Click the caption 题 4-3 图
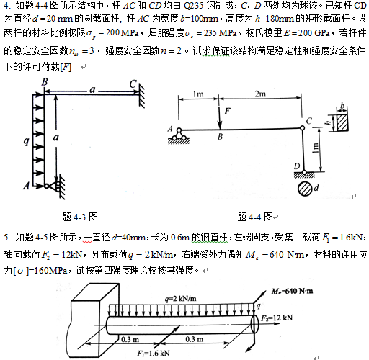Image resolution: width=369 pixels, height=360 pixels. tap(80, 217)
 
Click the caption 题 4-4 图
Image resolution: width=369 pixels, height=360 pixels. tap(255, 217)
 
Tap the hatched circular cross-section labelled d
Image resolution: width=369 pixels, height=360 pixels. tap(305, 189)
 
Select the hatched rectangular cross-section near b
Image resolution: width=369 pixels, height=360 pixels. tap(342, 122)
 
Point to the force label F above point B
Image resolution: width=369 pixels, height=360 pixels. tap(228, 111)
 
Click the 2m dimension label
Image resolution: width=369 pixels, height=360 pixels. tap(260, 94)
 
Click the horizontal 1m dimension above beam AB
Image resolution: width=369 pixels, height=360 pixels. tap(198, 94)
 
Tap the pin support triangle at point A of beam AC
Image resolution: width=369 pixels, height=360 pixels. tap(179, 134)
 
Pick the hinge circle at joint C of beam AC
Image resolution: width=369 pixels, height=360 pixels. tap(303, 128)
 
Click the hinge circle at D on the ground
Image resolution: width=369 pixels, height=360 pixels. tap(304, 172)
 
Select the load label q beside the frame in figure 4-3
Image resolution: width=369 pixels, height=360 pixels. tap(27, 141)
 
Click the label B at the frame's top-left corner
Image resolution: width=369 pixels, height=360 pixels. tap(45, 82)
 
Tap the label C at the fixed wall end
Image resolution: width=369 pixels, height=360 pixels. tap(133, 84)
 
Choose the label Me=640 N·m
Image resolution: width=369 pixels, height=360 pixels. tap(292, 292)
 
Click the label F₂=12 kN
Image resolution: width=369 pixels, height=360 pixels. tap(277, 318)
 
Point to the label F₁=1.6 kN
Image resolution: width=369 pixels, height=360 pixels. tap(154, 353)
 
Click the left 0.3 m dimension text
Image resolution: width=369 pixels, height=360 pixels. tap(130, 339)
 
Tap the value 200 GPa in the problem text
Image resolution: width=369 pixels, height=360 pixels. tap(314, 33)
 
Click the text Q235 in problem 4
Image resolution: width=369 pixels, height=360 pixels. tap(193, 6)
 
